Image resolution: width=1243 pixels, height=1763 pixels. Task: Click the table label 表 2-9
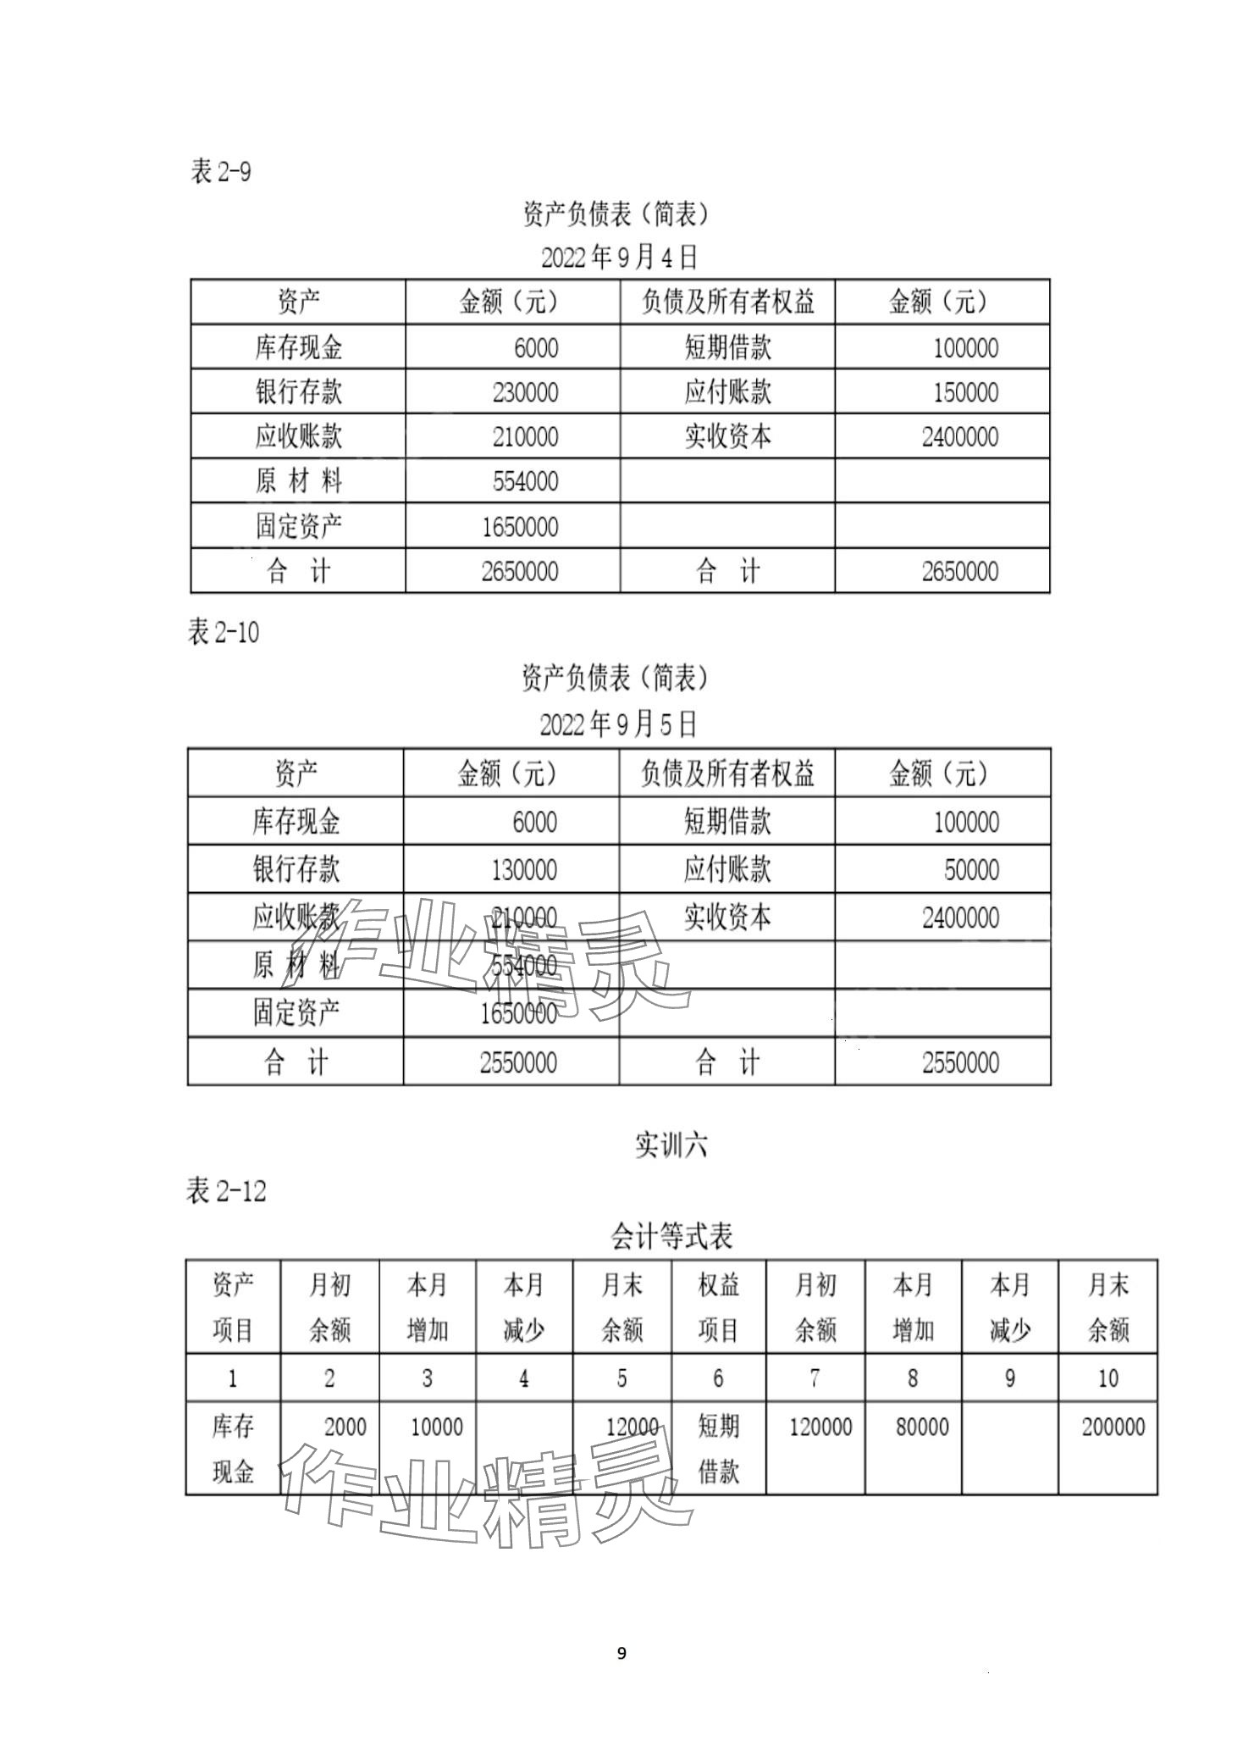click(x=221, y=172)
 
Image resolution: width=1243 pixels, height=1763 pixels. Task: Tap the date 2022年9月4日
click(x=619, y=257)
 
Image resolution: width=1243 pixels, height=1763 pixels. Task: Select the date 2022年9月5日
click(x=618, y=724)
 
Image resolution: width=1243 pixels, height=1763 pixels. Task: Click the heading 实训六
click(x=671, y=1145)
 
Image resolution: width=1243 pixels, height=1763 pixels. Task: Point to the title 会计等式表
click(x=671, y=1237)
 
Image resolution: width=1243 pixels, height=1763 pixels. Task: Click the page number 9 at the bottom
click(x=621, y=1652)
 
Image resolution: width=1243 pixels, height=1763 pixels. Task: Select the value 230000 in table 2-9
click(x=525, y=392)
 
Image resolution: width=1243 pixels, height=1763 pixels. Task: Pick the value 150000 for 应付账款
click(x=965, y=392)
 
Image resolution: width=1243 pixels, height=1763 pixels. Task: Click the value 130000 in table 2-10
click(x=523, y=870)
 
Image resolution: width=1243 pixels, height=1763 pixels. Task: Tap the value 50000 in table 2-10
click(x=971, y=870)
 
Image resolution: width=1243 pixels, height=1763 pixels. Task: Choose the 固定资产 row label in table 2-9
click(x=298, y=526)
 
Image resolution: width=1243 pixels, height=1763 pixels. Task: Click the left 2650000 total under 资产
click(x=519, y=572)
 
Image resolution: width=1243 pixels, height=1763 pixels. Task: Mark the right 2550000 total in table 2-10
click(x=960, y=1062)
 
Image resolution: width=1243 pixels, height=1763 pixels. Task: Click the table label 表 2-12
click(x=226, y=1191)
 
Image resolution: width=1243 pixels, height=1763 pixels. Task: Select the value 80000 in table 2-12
click(x=922, y=1428)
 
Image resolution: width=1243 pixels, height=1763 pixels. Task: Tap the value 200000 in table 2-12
click(x=1113, y=1428)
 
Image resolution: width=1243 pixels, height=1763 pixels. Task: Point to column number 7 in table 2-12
click(x=815, y=1378)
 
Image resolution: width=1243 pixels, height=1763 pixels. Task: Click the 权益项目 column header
click(x=718, y=1307)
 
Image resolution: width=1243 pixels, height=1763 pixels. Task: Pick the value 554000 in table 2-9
click(x=525, y=481)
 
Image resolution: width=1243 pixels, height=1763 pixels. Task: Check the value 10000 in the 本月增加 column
click(x=436, y=1428)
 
